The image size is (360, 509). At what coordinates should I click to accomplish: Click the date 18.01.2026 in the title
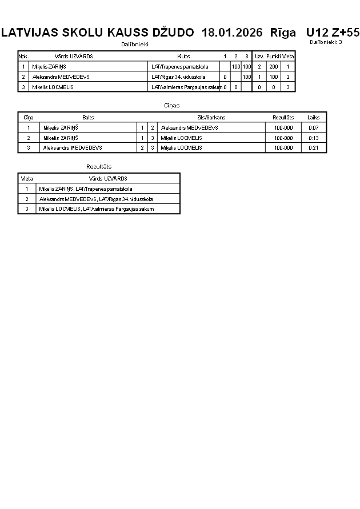(232, 33)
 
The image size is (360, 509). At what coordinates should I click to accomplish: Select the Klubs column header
(183, 57)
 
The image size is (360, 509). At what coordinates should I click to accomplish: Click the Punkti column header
(273, 57)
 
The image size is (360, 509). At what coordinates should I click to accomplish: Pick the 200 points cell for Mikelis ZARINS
(273, 67)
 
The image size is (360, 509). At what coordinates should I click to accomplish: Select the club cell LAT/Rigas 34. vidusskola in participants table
(178, 77)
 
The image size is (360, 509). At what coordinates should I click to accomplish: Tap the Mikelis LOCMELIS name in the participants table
(53, 87)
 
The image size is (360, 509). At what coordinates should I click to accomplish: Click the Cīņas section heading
(171, 106)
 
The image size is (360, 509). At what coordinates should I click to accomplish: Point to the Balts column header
(88, 117)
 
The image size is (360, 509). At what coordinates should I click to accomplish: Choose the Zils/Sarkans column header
(211, 117)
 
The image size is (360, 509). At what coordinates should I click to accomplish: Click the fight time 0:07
(313, 128)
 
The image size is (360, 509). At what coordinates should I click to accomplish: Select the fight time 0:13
(313, 138)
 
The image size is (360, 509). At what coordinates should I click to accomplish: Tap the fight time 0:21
(313, 148)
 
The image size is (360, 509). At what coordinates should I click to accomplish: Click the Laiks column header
(313, 117)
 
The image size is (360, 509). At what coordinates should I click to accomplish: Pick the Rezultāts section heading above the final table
(99, 166)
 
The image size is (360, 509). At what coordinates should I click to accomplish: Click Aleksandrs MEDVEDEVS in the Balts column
(73, 148)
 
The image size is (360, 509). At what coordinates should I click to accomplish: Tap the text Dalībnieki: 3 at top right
(326, 42)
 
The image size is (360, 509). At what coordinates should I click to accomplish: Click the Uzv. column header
(259, 57)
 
